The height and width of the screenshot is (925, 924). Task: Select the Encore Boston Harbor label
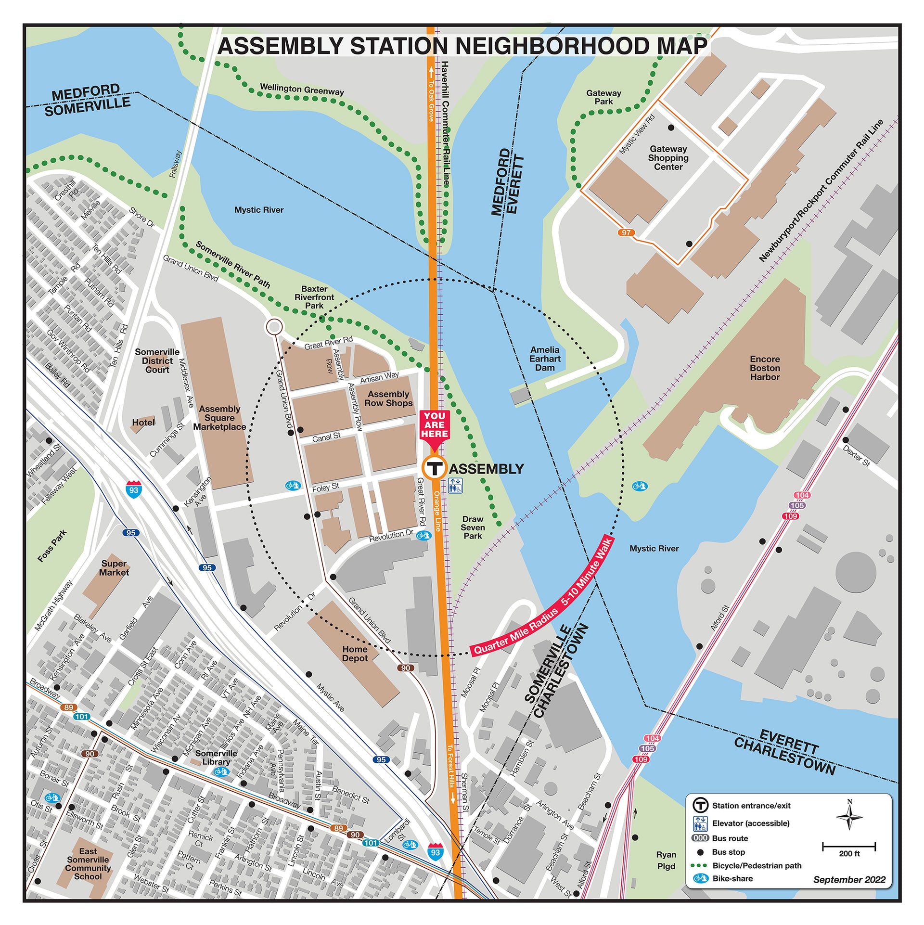tap(764, 368)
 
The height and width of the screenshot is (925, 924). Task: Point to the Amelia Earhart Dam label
tap(545, 359)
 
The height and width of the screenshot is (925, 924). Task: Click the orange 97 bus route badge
tap(626, 232)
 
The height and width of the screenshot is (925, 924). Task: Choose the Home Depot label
tap(355, 654)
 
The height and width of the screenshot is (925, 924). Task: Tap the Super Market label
tap(114, 568)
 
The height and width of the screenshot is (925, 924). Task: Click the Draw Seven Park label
tap(473, 527)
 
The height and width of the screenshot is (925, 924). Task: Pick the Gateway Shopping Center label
tap(668, 158)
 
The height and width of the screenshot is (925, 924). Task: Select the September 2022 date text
tap(849, 880)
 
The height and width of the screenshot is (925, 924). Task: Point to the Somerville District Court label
tap(157, 361)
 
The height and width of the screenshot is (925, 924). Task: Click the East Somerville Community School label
tap(88, 864)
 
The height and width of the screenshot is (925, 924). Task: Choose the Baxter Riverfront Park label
tap(314, 297)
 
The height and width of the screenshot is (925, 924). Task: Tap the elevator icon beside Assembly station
tap(455, 486)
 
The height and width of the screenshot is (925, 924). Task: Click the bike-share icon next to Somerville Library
tap(221, 771)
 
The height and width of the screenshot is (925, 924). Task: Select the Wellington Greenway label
tap(302, 90)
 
